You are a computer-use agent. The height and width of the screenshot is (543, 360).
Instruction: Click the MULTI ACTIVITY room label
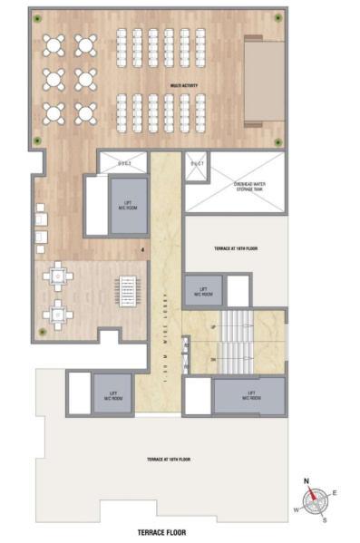[x=185, y=88]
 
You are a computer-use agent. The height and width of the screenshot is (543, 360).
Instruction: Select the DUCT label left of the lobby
[x=124, y=162]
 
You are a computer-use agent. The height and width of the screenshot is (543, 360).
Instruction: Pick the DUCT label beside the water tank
[x=198, y=162]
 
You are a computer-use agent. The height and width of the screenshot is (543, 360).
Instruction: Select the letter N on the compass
[x=306, y=480]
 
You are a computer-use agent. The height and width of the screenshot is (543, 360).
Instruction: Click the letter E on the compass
[x=335, y=492]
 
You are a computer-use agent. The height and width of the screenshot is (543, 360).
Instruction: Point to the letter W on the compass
[x=295, y=509]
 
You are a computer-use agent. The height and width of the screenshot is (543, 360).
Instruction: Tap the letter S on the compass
[x=324, y=520]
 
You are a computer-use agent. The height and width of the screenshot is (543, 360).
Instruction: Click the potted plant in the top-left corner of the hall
[x=36, y=17]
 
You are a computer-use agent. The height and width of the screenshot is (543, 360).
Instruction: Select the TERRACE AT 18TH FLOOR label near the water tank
[x=236, y=247]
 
